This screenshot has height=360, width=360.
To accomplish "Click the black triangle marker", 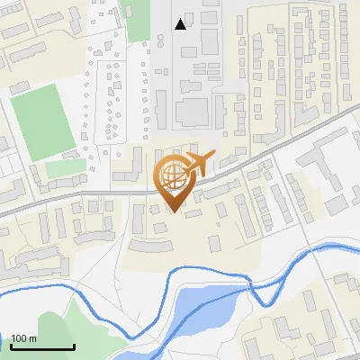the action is tap(182, 24).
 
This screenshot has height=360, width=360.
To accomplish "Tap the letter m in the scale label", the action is tap(33, 339).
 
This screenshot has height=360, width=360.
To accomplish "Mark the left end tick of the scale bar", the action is tap(11, 346).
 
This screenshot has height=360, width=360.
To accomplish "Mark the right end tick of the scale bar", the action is tap(74, 346).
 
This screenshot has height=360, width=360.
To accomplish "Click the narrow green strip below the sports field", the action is tap(63, 168).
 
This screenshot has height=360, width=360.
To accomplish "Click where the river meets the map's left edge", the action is tap(3, 292).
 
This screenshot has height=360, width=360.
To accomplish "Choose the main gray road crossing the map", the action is tap(90, 193).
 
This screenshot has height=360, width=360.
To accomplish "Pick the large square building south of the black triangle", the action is tap(191, 112).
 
